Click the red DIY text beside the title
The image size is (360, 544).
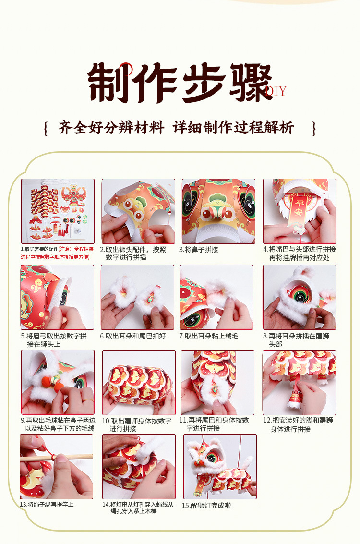(x=276, y=91)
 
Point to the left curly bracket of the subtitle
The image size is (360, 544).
(x=46, y=128)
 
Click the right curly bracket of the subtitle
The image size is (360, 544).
(x=314, y=128)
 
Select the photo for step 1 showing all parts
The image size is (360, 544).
(x=58, y=211)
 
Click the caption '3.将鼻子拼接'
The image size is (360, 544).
(x=199, y=250)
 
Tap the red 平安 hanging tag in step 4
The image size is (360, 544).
(x=298, y=209)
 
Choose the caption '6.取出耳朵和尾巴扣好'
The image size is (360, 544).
(x=133, y=336)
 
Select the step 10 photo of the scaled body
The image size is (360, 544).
(x=139, y=382)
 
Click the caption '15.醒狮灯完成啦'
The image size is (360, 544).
(x=207, y=506)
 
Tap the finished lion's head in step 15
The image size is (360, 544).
(x=204, y=455)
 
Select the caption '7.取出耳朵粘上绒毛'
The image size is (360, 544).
(x=209, y=336)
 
